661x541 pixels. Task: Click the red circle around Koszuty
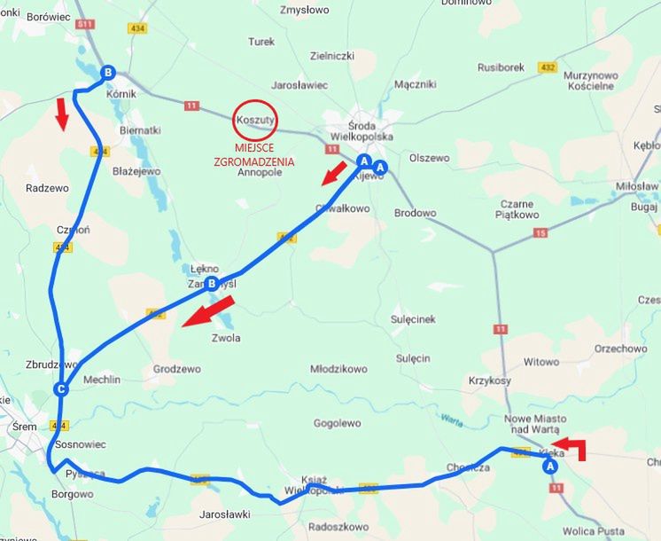[x=255, y=119]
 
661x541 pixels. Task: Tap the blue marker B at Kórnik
[x=108, y=73]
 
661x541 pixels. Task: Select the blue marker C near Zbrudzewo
[x=61, y=388]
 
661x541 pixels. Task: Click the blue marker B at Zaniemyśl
[x=211, y=284]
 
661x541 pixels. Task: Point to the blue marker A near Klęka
[x=549, y=466]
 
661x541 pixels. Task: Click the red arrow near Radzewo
[x=61, y=114]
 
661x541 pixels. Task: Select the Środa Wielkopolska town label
[x=361, y=130]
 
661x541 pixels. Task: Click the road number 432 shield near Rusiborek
[x=548, y=67]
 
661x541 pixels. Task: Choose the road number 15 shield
[x=540, y=232]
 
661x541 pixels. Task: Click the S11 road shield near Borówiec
[x=85, y=24]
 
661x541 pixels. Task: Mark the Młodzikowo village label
[x=338, y=369]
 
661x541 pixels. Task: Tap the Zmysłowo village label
[x=304, y=11]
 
